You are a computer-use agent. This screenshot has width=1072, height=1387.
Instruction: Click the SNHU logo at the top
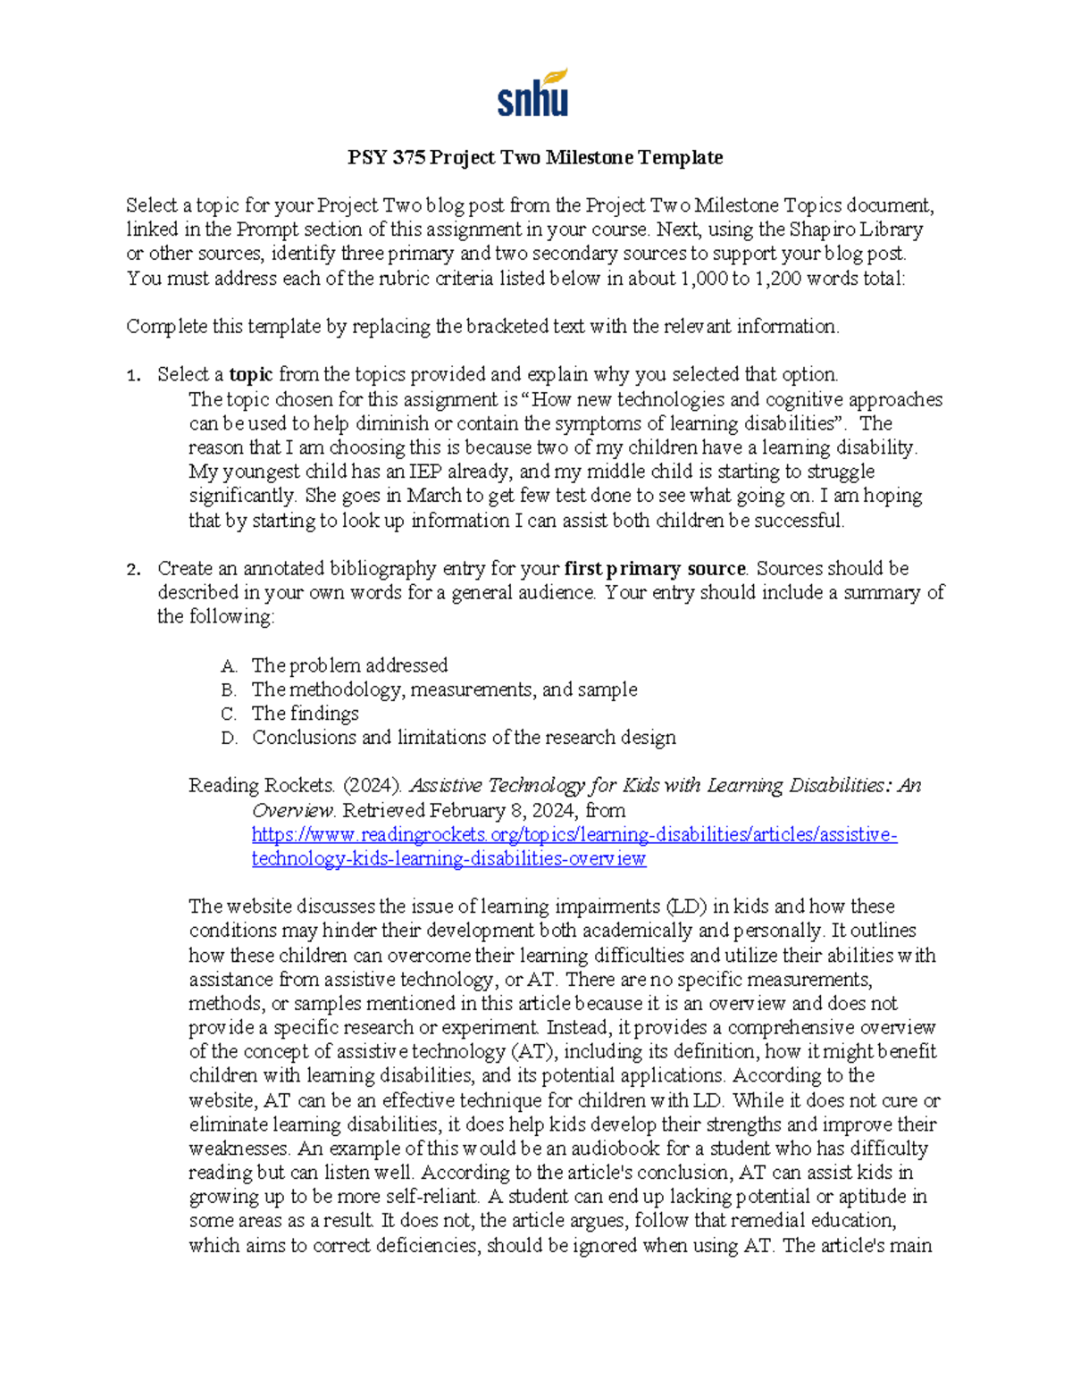tap(533, 94)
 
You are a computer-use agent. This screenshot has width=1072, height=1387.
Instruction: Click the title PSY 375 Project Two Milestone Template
tap(535, 158)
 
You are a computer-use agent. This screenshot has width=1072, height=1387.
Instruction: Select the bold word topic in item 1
tap(251, 374)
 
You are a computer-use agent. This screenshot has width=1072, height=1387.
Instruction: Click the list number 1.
tap(133, 375)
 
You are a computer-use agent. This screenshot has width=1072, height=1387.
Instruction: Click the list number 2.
tap(133, 569)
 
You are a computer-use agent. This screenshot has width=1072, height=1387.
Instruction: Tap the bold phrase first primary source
tap(655, 568)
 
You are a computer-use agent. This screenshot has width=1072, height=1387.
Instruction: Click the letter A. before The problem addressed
tap(229, 666)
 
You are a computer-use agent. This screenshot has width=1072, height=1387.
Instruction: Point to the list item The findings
tap(305, 714)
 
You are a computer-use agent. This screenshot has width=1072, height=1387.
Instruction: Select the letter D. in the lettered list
tap(229, 739)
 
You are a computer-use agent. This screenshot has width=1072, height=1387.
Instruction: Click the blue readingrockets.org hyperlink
tap(574, 835)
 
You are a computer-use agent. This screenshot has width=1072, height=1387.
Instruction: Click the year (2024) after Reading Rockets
tap(372, 786)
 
